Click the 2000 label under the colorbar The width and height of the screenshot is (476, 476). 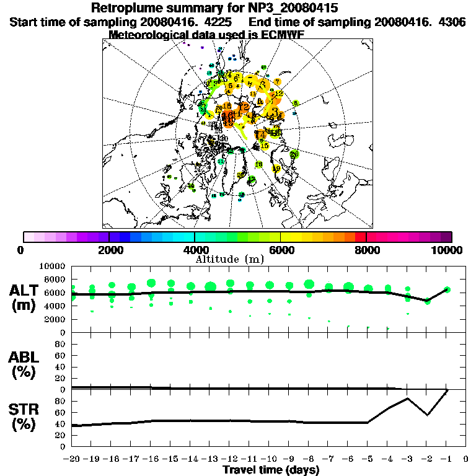109,250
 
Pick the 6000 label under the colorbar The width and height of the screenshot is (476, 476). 281,250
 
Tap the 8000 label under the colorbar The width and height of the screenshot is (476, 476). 366,250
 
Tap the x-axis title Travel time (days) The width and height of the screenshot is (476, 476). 271,470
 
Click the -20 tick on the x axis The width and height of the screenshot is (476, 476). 72,459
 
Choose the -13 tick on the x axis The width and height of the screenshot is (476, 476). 209,459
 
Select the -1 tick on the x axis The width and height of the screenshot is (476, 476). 447,459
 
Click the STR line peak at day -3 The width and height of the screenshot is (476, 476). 407,399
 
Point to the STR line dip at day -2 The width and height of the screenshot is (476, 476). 427,415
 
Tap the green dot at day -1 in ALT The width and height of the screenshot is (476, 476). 447,289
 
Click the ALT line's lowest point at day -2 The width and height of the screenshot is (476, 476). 427,301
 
